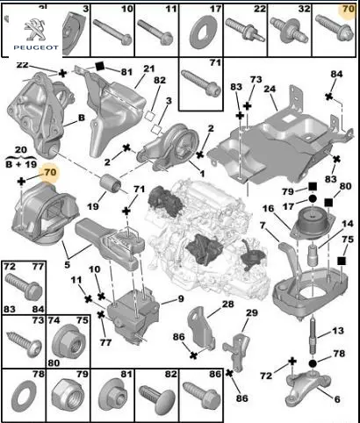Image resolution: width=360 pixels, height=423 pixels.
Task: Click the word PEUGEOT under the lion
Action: [36, 47]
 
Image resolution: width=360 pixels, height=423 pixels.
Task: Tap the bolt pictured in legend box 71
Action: [200, 83]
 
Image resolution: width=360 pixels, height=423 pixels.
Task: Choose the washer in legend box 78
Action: [24, 397]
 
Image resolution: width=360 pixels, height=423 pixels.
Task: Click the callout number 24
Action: [270, 89]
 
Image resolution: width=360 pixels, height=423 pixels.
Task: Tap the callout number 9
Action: [181, 298]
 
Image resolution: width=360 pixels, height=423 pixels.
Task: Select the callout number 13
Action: [338, 331]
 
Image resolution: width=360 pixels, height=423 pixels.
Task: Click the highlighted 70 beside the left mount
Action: [50, 172]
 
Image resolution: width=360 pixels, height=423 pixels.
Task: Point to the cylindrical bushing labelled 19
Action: [112, 183]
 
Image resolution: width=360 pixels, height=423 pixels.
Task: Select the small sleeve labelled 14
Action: [313, 255]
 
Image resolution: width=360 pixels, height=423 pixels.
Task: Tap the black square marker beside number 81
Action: [100, 67]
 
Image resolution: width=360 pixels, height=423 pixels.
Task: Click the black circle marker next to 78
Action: [313, 363]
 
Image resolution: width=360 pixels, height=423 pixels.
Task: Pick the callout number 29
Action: [252, 312]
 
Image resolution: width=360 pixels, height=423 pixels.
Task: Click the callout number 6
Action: [337, 398]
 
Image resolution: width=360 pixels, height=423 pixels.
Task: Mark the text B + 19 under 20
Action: [21, 164]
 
